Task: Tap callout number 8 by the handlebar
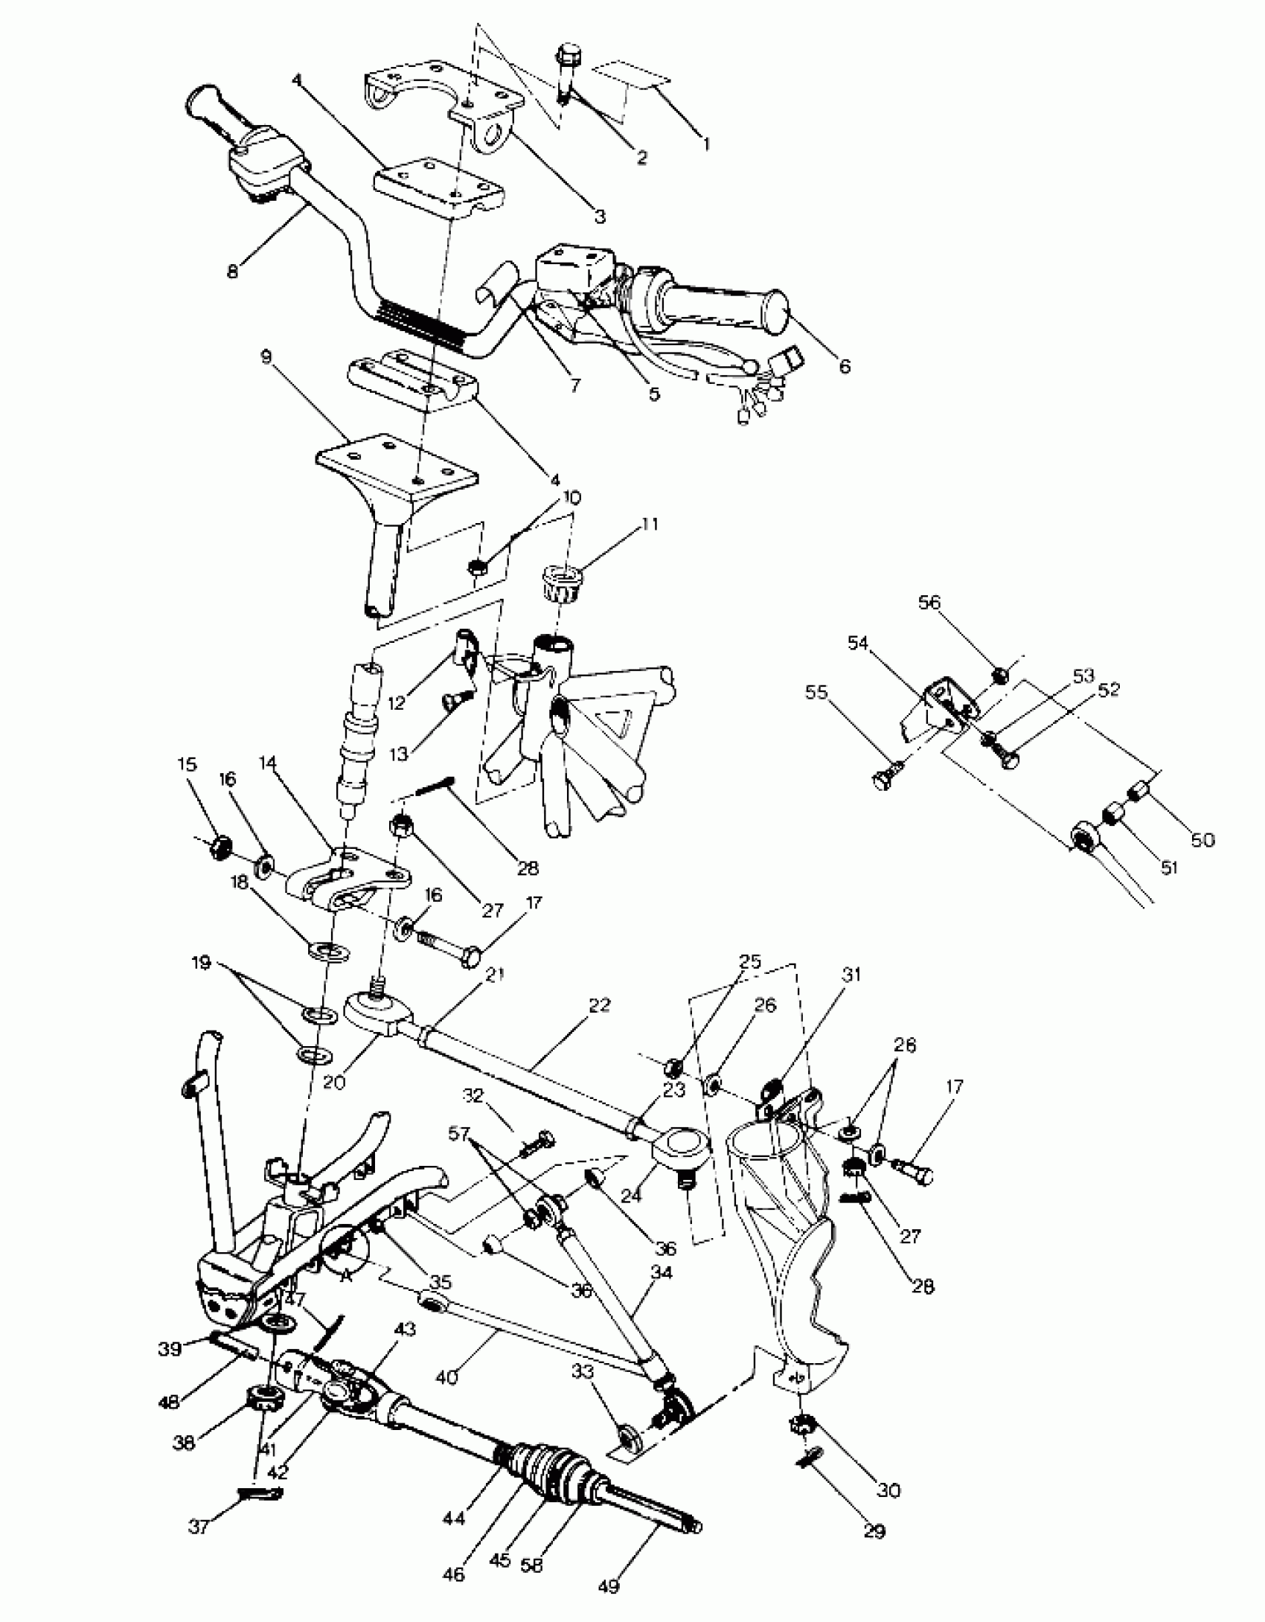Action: [x=233, y=272]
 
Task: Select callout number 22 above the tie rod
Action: [x=598, y=1005]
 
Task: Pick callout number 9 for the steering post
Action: [x=267, y=356]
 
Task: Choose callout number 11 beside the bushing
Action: [x=650, y=525]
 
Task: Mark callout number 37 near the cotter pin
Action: [x=198, y=1528]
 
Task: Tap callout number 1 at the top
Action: [x=706, y=143]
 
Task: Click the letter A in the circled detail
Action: [x=344, y=1275]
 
